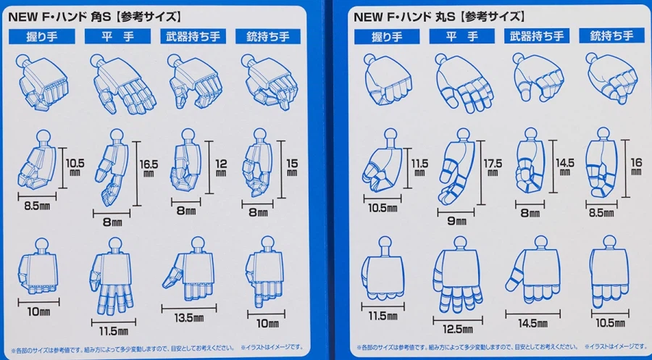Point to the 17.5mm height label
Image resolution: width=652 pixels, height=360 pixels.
(x=493, y=167)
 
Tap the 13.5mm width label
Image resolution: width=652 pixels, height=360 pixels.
(x=189, y=318)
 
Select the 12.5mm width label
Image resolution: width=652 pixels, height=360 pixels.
(x=458, y=330)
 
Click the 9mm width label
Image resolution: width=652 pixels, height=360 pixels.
(x=456, y=221)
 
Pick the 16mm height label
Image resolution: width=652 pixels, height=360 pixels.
(x=636, y=165)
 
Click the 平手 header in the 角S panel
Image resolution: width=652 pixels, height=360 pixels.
(x=117, y=37)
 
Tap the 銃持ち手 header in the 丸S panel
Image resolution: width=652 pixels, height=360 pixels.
(x=611, y=36)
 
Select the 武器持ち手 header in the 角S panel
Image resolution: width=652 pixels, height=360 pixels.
(x=193, y=37)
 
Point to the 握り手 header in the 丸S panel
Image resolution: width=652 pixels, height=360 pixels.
(x=387, y=37)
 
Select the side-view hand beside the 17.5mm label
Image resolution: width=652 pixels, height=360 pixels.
(x=457, y=167)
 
